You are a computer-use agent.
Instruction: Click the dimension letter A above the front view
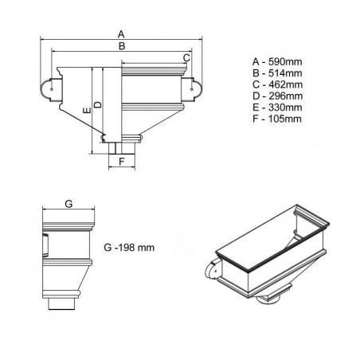pyautogui.click(x=121, y=34)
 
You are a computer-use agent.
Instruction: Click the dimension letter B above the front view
pyautogui.click(x=122, y=46)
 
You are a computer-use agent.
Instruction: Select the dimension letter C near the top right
pyautogui.click(x=186, y=57)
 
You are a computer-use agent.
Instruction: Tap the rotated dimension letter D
pyautogui.click(x=98, y=104)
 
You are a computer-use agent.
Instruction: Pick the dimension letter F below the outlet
pyautogui.click(x=122, y=162)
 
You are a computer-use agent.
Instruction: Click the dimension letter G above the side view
pyautogui.click(x=68, y=204)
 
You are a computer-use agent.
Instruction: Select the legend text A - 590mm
pyautogui.click(x=277, y=61)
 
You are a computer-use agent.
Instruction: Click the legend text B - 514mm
pyautogui.click(x=277, y=73)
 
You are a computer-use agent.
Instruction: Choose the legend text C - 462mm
pyautogui.click(x=278, y=84)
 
